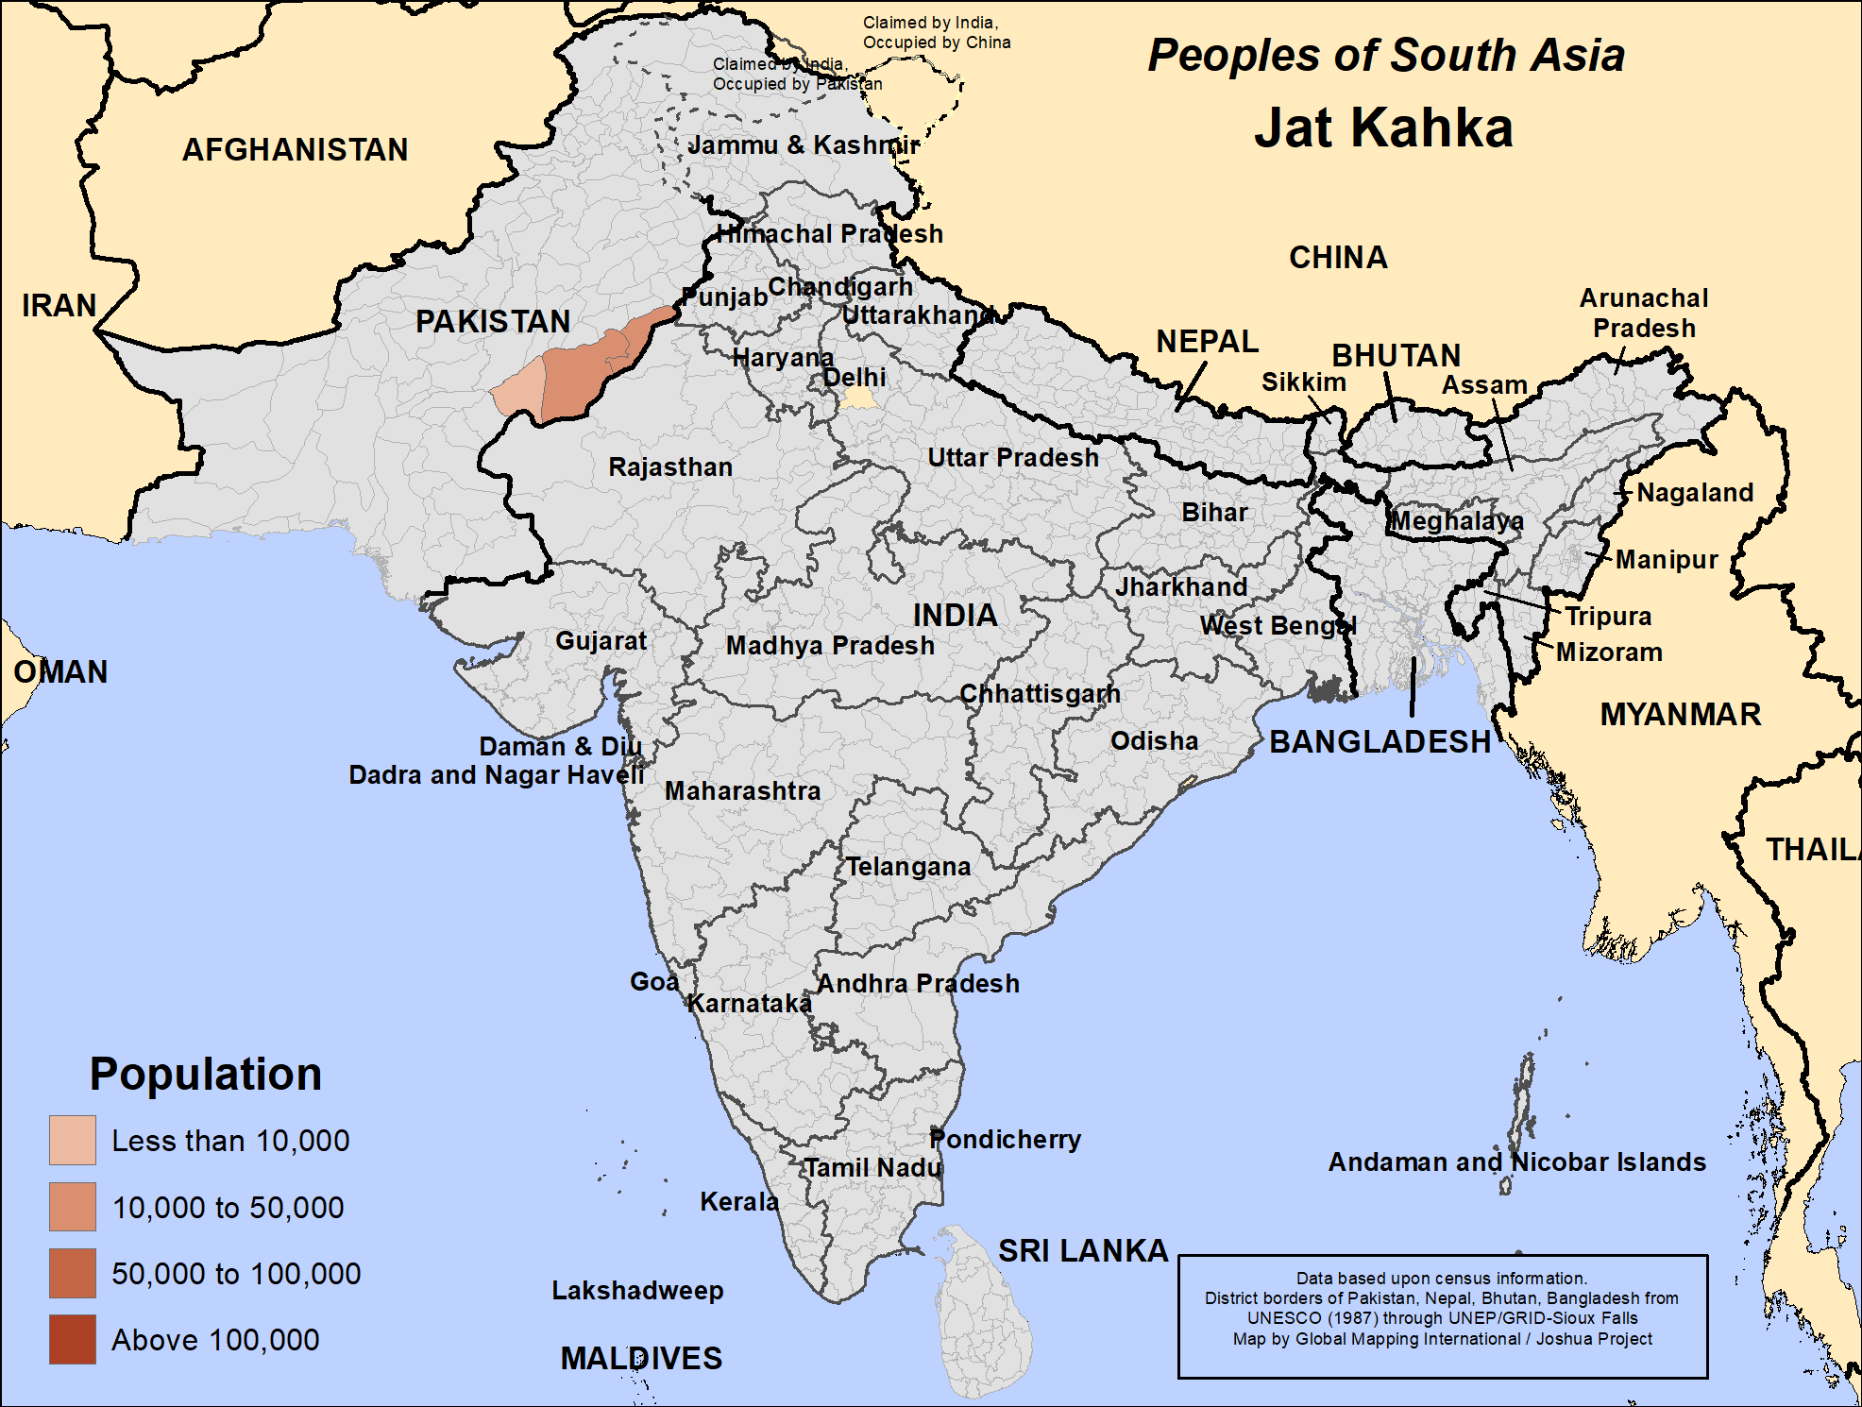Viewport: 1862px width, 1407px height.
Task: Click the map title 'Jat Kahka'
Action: pos(1383,127)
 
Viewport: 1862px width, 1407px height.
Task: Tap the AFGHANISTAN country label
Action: pos(295,149)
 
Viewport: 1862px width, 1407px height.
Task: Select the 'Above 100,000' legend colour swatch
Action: pos(73,1339)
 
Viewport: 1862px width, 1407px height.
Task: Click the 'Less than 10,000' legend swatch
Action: pos(73,1140)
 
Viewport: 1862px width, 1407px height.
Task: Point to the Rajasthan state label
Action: pos(670,466)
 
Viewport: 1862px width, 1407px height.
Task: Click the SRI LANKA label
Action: pos(1083,1250)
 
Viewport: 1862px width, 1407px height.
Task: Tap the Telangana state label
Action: pos(907,866)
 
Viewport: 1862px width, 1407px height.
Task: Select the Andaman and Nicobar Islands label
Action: pos(1516,1161)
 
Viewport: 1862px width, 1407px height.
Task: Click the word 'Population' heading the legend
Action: pos(205,1074)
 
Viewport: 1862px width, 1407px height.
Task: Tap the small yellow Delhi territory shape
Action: pos(859,399)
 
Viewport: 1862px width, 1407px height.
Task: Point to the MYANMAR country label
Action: pos(1680,714)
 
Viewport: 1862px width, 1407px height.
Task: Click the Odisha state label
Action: pos(1154,740)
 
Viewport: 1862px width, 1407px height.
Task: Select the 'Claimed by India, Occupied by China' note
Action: pos(936,32)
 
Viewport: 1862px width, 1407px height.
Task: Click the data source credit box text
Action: pos(1442,1309)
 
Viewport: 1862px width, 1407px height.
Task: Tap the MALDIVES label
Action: pos(641,1358)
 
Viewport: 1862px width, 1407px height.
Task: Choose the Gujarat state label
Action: pos(601,640)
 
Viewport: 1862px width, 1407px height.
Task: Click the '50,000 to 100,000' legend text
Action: pos(236,1273)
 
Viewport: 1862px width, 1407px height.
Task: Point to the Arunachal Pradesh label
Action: pos(1644,313)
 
